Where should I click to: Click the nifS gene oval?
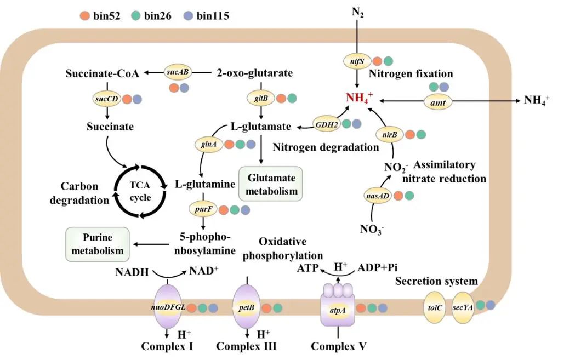[x=357, y=61]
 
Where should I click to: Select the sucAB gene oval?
[x=178, y=72]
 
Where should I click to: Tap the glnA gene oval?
[x=209, y=144]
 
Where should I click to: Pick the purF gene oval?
[x=203, y=209]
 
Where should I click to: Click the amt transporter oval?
[x=438, y=102]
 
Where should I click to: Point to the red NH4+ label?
[x=360, y=98]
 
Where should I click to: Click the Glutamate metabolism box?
[x=271, y=184]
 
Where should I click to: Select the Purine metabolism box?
[x=98, y=244]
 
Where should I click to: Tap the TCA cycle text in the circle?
[x=140, y=191]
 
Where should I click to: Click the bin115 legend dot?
[x=188, y=16]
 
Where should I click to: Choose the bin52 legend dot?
[x=85, y=16]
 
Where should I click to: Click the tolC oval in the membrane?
[x=435, y=307]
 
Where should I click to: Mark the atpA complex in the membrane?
[x=338, y=305]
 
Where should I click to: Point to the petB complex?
[x=247, y=307]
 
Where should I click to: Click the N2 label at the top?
[x=357, y=13]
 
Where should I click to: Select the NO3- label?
[x=372, y=230]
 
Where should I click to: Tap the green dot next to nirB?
[x=421, y=135]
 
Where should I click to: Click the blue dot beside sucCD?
[x=137, y=99]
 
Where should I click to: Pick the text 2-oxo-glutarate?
[x=255, y=73]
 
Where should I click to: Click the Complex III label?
[x=246, y=346]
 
